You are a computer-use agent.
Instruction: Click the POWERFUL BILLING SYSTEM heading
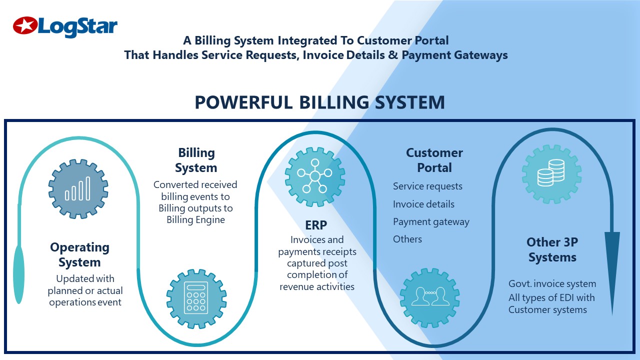tap(319, 102)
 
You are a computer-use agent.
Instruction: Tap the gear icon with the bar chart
tap(78, 188)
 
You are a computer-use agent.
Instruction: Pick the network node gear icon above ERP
tap(314, 176)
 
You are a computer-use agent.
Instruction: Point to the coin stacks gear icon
tap(551, 174)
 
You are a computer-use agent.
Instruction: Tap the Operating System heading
tap(79, 254)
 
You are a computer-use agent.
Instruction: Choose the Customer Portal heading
tap(434, 160)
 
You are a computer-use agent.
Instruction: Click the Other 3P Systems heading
tap(552, 249)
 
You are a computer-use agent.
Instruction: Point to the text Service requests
tap(427, 186)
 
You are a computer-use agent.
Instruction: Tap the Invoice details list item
tap(423, 204)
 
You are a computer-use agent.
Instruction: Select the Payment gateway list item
tap(431, 221)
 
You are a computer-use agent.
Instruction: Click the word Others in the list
tap(407, 239)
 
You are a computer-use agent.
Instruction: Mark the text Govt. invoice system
tap(552, 283)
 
